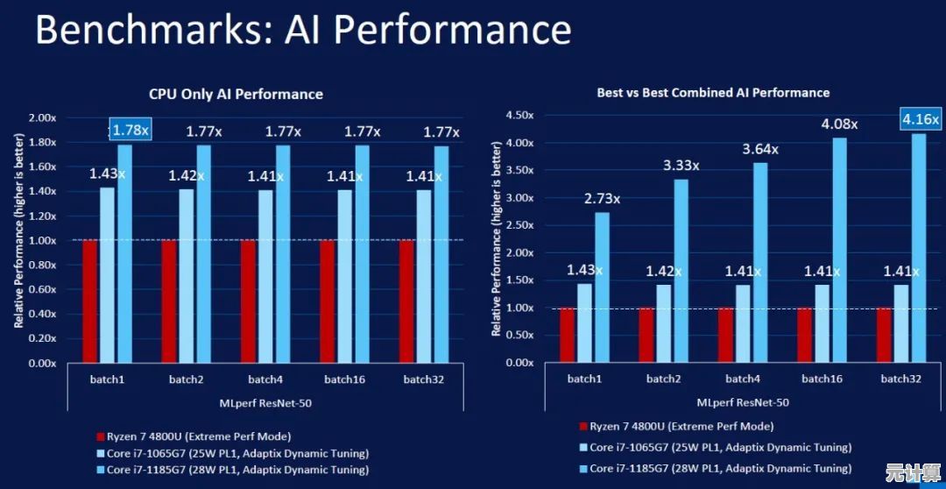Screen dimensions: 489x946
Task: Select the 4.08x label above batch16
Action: point(839,124)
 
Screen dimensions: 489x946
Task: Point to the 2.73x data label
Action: point(602,199)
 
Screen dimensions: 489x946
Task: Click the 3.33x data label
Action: point(681,165)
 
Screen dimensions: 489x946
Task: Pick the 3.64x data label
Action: point(759,149)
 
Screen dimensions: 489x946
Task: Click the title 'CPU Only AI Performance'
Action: point(236,94)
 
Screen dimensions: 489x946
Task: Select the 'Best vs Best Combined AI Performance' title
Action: point(713,92)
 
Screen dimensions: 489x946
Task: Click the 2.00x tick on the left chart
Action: point(43,117)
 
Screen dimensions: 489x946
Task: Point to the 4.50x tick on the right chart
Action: point(520,115)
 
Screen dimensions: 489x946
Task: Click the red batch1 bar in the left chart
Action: point(89,301)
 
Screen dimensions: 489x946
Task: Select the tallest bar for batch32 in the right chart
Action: point(919,247)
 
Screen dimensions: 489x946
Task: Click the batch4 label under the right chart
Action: point(742,379)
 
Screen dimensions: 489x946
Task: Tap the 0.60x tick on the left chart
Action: point(43,289)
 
